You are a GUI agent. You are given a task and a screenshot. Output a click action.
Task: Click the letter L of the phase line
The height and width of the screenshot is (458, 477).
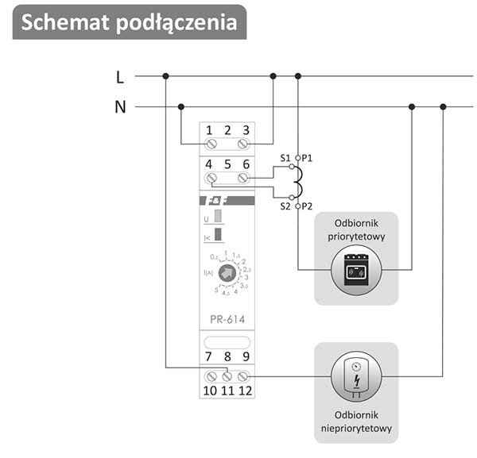[120, 77]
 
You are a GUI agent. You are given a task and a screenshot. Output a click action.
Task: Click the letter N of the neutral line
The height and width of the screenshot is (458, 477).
[120, 106]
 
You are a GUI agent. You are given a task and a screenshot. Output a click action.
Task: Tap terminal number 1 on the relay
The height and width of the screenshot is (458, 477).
[209, 129]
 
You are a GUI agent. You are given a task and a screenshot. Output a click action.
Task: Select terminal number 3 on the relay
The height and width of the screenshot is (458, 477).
[246, 129]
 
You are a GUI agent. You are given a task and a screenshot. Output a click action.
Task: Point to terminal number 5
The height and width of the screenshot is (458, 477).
[227, 164]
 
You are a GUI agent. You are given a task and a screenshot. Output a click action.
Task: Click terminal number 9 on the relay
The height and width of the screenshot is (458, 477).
[246, 357]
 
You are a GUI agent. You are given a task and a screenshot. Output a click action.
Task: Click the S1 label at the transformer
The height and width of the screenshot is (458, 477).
[286, 159]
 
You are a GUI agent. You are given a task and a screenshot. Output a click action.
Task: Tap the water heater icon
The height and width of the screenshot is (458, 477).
[355, 375]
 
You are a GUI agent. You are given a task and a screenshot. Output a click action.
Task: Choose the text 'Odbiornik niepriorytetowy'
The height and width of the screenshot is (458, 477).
[355, 421]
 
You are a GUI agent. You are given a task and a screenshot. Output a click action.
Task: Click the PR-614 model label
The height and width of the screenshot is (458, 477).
[227, 319]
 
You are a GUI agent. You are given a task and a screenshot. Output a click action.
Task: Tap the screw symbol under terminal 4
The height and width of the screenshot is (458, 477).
[211, 179]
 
